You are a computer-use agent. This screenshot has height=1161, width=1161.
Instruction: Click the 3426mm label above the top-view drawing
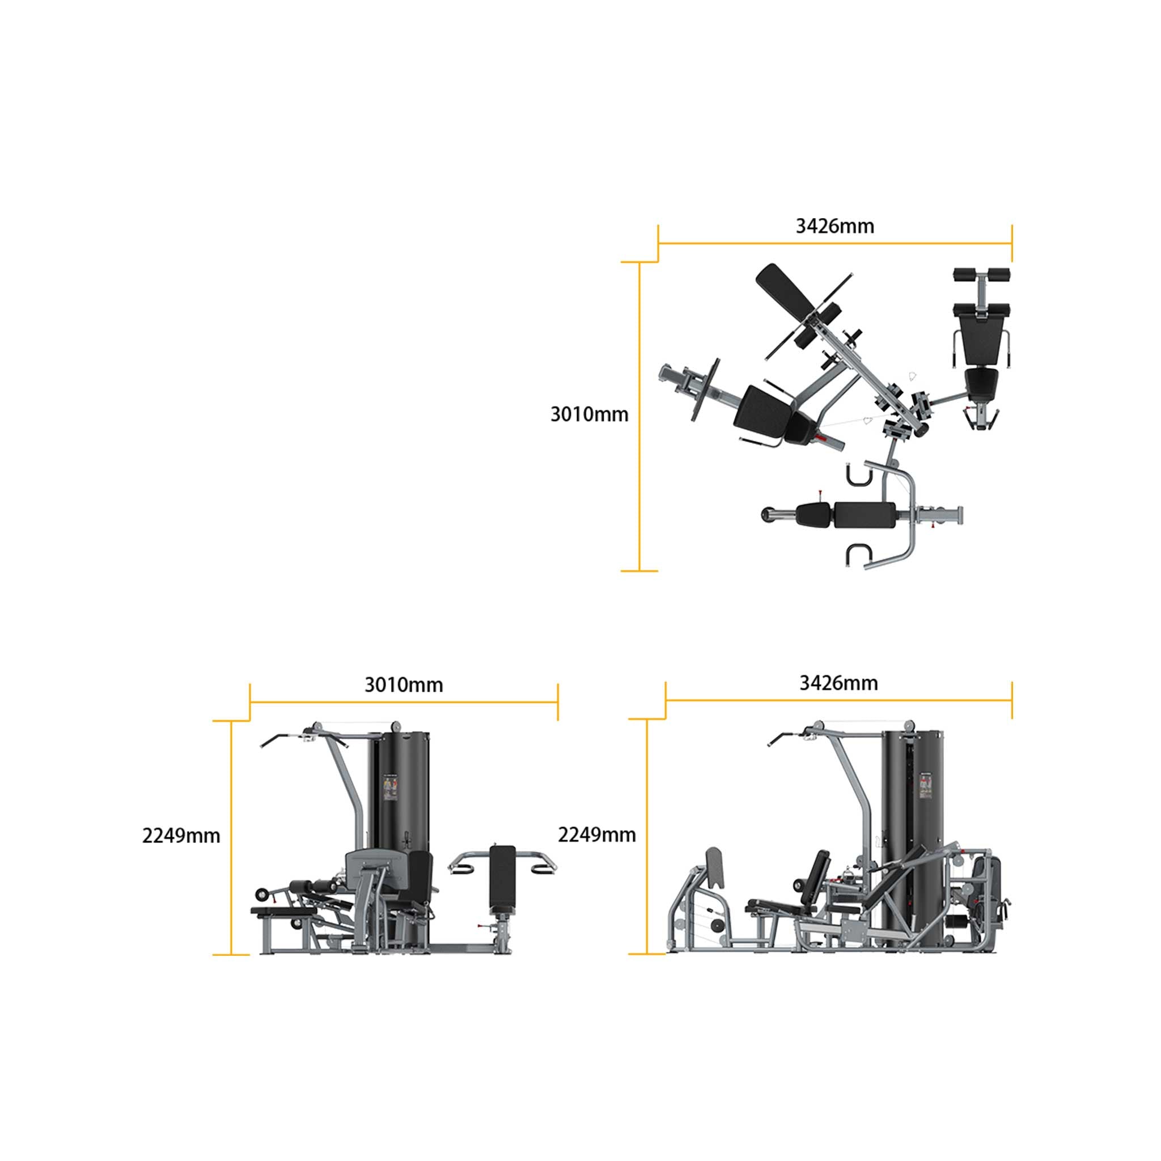click(x=834, y=227)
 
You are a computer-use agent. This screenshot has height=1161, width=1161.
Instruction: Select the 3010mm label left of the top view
click(x=590, y=414)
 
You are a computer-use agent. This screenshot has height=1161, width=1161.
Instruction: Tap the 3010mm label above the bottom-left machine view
click(x=404, y=685)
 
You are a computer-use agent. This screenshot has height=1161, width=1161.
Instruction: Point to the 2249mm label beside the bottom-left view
click(x=181, y=836)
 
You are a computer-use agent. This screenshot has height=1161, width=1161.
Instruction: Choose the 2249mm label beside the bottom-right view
click(x=597, y=834)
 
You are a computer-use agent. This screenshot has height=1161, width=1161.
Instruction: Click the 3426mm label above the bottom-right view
click(x=838, y=683)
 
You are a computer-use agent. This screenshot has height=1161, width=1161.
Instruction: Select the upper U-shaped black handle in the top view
click(x=858, y=474)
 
